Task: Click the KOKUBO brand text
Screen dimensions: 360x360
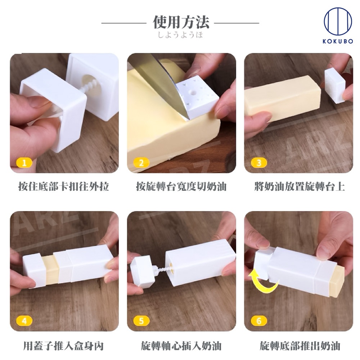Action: (x=338, y=41)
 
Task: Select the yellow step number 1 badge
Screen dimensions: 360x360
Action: (x=24, y=163)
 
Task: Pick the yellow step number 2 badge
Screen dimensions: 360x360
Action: (x=141, y=163)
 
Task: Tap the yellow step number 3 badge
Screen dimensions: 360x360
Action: (x=259, y=163)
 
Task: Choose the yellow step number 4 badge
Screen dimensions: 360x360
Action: (x=24, y=321)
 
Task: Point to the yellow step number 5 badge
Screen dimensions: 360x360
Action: (x=141, y=321)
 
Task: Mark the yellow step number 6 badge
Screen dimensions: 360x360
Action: (x=259, y=321)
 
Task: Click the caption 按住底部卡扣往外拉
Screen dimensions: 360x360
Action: (x=64, y=186)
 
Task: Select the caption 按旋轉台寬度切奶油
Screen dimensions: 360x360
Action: (x=181, y=186)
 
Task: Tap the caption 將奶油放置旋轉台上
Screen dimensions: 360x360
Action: (x=300, y=186)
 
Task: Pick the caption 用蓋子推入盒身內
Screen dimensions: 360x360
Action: (x=64, y=346)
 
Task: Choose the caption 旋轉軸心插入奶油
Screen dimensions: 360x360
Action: (x=181, y=346)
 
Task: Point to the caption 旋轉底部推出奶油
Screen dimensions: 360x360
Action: (x=300, y=346)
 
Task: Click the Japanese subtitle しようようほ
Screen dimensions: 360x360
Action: (x=180, y=35)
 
